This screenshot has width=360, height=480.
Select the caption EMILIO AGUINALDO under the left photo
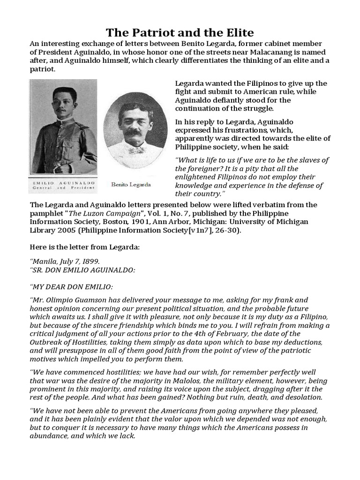pos(63,180)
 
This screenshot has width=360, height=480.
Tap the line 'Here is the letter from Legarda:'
pos(85,247)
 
